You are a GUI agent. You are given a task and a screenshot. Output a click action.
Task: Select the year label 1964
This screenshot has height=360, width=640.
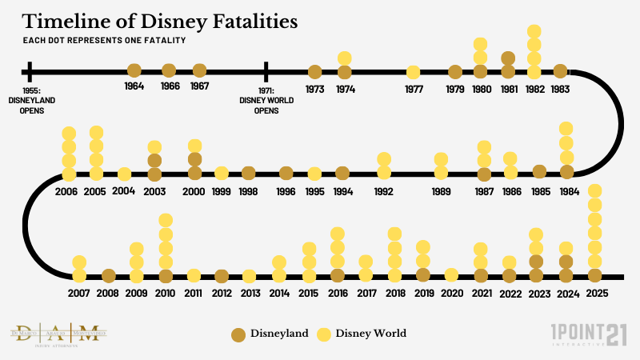[134, 86]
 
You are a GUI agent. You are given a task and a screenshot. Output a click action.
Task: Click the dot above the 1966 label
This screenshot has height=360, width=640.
[169, 70]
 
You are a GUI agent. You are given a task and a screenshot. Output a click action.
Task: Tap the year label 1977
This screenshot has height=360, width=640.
[414, 89]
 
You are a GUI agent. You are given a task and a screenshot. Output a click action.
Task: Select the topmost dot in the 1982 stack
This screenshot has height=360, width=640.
[535, 32]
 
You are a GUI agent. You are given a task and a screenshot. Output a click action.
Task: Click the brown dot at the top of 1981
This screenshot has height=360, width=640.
[507, 58]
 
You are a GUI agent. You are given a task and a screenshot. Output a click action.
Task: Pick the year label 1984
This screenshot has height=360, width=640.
[570, 192]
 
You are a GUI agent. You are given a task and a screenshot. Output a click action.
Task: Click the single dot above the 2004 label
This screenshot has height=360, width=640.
[124, 174]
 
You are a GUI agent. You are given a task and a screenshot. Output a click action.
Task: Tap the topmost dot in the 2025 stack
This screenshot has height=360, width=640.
[594, 190]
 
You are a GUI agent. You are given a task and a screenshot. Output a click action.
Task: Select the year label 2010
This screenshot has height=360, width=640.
[166, 294]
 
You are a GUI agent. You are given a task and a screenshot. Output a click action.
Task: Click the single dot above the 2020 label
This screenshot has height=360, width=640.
[451, 274]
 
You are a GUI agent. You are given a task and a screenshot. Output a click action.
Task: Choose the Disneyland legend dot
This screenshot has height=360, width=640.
[237, 334]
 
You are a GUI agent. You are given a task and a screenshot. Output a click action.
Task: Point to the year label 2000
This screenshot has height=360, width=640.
[194, 192]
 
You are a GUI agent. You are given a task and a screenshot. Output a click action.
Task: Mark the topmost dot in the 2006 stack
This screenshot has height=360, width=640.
[69, 133]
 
